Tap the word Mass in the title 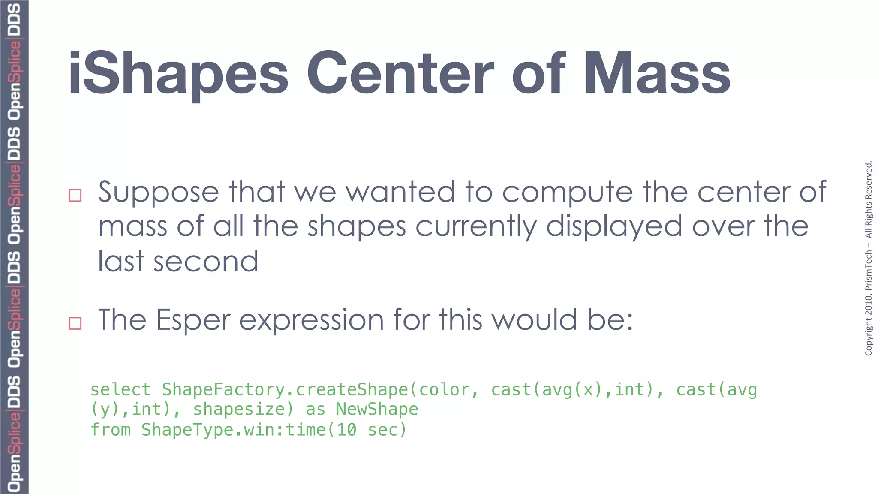(x=657, y=74)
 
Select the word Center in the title (x=400, y=74)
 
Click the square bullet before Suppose (x=75, y=196)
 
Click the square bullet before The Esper (x=75, y=323)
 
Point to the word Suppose (x=159, y=193)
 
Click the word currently (x=476, y=227)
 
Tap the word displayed (x=614, y=227)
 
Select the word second (x=206, y=262)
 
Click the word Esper (x=193, y=320)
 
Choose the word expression (x=311, y=320)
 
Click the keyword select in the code (x=120, y=390)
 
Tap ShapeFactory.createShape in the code (x=285, y=390)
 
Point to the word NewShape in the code (x=377, y=410)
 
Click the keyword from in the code (x=111, y=430)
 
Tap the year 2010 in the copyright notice (x=869, y=304)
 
